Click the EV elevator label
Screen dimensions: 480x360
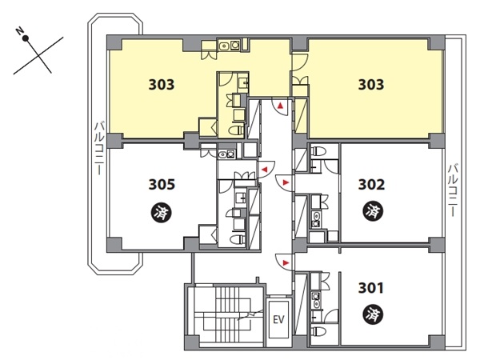(x=278, y=320)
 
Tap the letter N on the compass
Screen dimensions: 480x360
(x=20, y=30)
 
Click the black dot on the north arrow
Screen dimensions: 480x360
(x=26, y=38)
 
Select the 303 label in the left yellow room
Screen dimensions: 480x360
(x=162, y=85)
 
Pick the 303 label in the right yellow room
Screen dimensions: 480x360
(x=371, y=85)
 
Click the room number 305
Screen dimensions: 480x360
(x=162, y=185)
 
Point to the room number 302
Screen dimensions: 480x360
(x=371, y=185)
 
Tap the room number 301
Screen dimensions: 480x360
(x=370, y=288)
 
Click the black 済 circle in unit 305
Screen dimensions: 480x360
(x=162, y=213)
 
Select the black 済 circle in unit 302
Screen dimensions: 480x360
(x=373, y=211)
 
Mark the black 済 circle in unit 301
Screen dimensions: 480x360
(x=373, y=314)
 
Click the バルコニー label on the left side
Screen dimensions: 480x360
(x=98, y=149)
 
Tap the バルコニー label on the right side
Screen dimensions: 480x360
(x=453, y=190)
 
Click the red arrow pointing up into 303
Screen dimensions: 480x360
(x=280, y=106)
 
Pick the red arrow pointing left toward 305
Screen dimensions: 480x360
(x=264, y=170)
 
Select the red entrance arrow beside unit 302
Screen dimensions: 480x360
(x=286, y=182)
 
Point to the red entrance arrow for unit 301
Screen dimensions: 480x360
(x=286, y=262)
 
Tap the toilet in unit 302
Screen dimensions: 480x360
(x=315, y=151)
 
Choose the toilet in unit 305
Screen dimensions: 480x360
(x=237, y=239)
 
